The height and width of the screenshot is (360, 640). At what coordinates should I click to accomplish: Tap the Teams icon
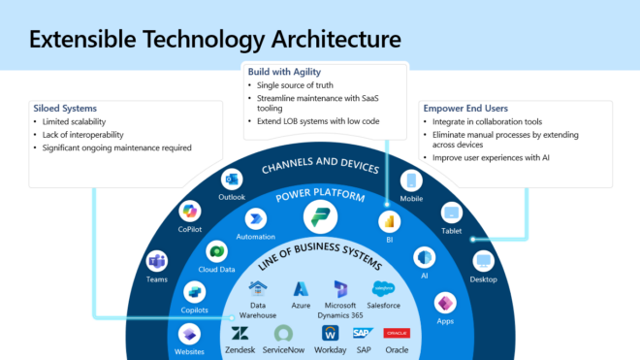pyautogui.click(x=156, y=259)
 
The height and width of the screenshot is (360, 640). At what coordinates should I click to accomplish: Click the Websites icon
pyautogui.click(x=189, y=333)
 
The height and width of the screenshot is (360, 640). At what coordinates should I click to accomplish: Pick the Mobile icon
pyautogui.click(x=410, y=180)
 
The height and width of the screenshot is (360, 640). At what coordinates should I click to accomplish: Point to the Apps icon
pyautogui.click(x=445, y=302)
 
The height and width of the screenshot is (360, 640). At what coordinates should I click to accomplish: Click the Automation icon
pyautogui.click(x=256, y=218)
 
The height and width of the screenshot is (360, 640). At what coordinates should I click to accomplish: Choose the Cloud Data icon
pyautogui.click(x=217, y=250)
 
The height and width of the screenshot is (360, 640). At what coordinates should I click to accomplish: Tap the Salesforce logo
pyautogui.click(x=384, y=288)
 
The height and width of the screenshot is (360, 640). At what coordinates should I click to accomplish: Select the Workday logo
pyautogui.click(x=330, y=333)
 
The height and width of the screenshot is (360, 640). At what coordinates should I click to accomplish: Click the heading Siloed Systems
pyautogui.click(x=65, y=109)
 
